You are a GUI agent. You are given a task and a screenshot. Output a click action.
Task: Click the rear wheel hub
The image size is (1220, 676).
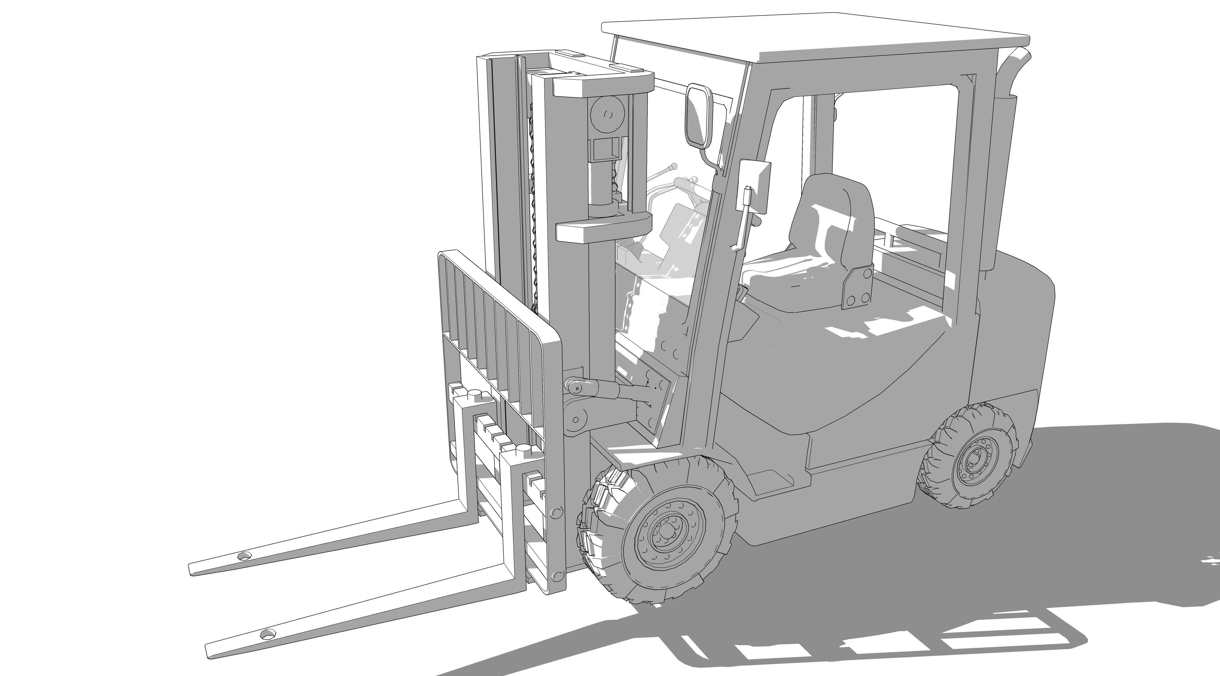[x=974, y=459]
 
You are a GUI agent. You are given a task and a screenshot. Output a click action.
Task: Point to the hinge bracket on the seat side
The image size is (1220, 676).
[x=857, y=287]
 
